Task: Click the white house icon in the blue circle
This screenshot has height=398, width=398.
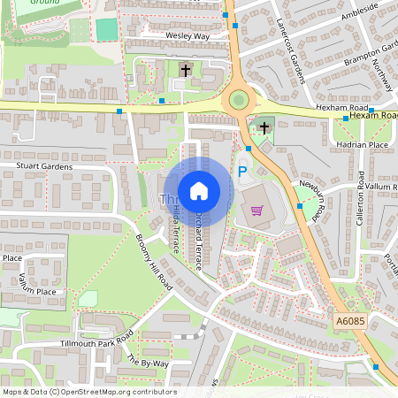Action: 199,190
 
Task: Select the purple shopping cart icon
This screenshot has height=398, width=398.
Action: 257,210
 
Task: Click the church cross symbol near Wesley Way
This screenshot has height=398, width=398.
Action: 186,69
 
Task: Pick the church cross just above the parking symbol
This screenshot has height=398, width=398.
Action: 264,128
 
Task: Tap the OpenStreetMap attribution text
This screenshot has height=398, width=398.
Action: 89,392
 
